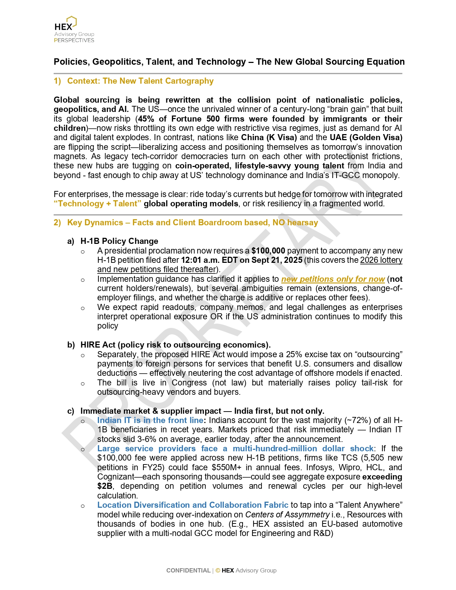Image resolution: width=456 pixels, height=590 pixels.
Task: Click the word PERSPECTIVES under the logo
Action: click(x=74, y=40)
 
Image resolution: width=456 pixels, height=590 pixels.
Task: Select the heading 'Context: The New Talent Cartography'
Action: click(x=140, y=81)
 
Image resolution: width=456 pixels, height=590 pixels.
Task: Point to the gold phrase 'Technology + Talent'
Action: click(x=98, y=204)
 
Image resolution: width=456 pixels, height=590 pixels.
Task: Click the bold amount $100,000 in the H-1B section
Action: click(x=268, y=251)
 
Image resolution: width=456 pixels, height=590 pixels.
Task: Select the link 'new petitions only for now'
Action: click(x=333, y=279)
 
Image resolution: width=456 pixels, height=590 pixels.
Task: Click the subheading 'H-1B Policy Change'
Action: click(x=119, y=241)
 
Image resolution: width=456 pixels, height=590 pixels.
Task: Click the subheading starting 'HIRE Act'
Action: click(x=175, y=345)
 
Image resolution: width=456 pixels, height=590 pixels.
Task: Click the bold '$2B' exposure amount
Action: click(x=105, y=486)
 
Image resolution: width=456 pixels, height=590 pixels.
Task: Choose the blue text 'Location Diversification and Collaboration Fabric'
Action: click(x=193, y=505)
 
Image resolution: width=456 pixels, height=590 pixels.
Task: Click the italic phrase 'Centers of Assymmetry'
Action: click(x=287, y=515)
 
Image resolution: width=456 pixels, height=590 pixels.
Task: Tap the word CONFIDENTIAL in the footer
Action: click(x=188, y=571)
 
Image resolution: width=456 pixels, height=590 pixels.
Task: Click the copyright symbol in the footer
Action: click(x=218, y=571)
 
